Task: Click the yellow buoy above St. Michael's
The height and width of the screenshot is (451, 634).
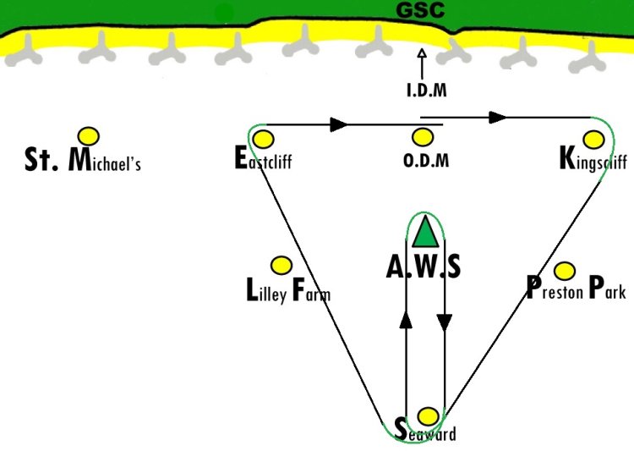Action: (89, 136)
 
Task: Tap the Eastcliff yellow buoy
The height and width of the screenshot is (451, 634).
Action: (263, 140)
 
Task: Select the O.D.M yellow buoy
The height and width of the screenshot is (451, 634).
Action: (423, 137)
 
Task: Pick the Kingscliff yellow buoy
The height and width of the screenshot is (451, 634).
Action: (593, 140)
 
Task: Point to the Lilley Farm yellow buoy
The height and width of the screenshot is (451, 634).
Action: (281, 266)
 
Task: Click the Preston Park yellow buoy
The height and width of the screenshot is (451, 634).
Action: (565, 271)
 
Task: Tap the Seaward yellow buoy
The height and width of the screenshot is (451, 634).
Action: (428, 416)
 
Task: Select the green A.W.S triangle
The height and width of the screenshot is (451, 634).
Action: (425, 231)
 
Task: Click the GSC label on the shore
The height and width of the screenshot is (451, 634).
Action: (420, 10)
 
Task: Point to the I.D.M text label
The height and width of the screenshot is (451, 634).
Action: (427, 90)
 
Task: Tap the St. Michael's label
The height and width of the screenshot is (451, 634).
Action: (83, 159)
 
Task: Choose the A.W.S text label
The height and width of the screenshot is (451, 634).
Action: (424, 267)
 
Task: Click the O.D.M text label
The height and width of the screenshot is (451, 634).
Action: (426, 161)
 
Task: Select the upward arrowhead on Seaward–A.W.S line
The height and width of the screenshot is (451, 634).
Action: (406, 320)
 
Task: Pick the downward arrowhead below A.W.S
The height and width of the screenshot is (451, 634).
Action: (445, 322)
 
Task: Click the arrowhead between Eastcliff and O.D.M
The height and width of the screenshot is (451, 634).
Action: (338, 124)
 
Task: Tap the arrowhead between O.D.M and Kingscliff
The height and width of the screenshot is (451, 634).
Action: (497, 118)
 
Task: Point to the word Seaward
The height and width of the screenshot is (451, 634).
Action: (425, 431)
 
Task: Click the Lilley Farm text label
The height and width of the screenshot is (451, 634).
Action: (288, 290)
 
